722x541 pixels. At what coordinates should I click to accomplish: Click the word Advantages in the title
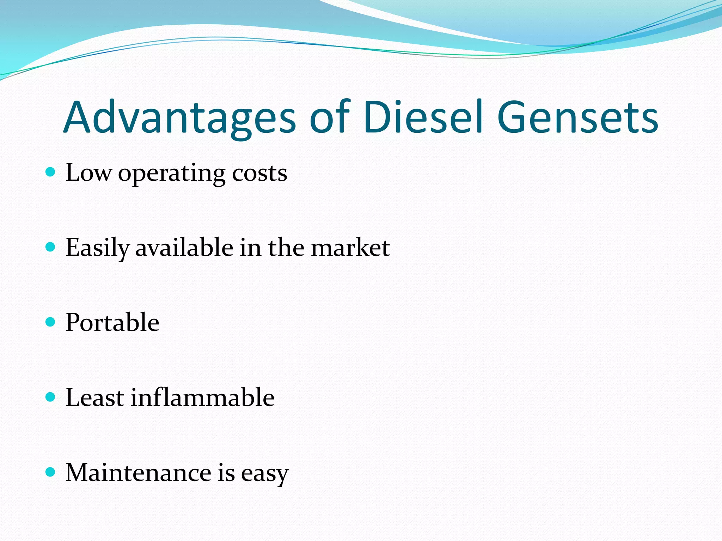(x=180, y=118)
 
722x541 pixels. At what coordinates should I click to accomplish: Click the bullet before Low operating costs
(x=51, y=172)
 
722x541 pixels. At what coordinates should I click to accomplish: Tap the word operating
(x=172, y=174)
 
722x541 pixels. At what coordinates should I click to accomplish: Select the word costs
(x=259, y=173)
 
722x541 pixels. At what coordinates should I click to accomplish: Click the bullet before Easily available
(x=51, y=247)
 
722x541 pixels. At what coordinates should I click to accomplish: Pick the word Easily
(x=97, y=248)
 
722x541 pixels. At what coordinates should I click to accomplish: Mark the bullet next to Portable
(x=51, y=322)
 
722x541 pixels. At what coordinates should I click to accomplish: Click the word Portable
(x=112, y=323)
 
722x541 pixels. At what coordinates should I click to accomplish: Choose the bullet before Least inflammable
(x=51, y=397)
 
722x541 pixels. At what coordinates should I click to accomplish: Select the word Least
(x=95, y=397)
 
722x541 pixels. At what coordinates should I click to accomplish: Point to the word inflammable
(x=203, y=397)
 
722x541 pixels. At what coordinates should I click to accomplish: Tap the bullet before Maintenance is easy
(x=51, y=472)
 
